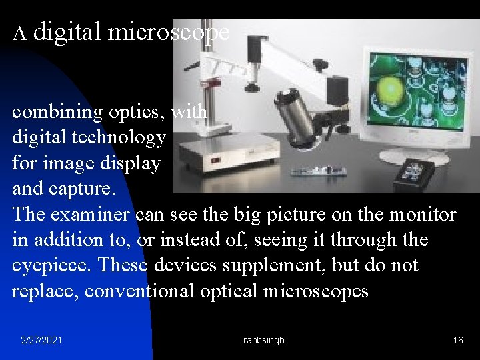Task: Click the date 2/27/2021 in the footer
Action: click(42, 340)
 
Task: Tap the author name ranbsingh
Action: click(264, 340)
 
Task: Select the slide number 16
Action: click(458, 340)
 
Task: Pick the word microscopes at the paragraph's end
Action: click(315, 291)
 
